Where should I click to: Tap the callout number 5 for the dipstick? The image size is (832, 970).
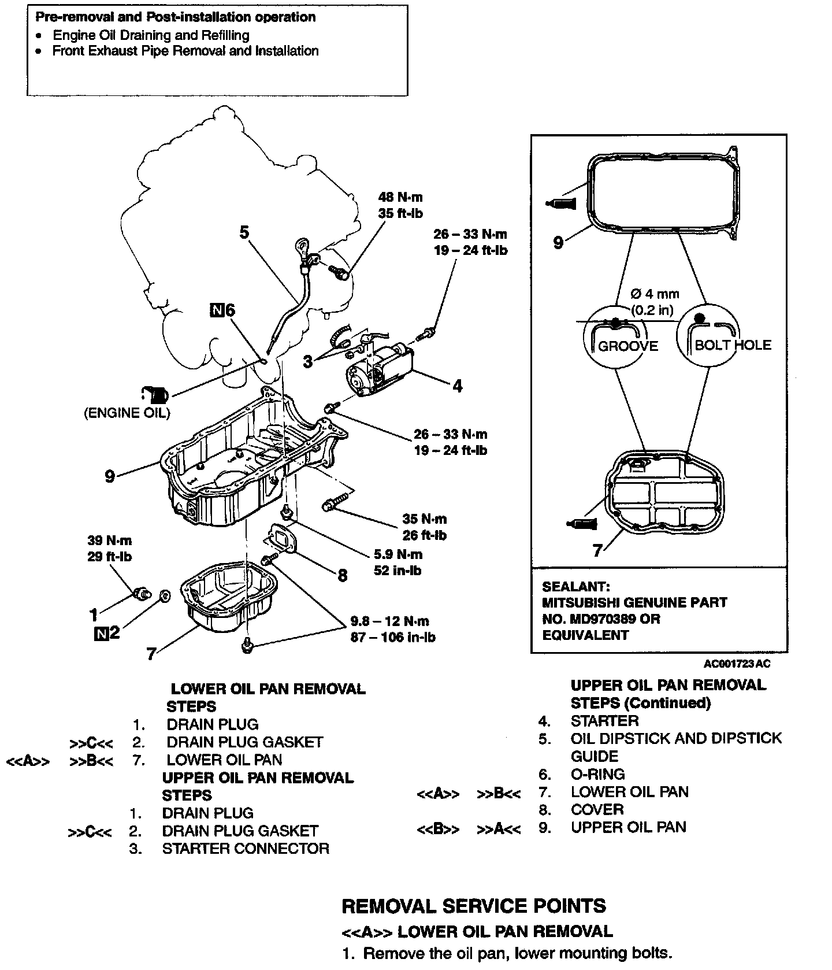pyautogui.click(x=244, y=232)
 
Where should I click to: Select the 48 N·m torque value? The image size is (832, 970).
pyautogui.click(x=400, y=198)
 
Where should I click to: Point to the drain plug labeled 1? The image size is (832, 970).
pyautogui.click(x=141, y=593)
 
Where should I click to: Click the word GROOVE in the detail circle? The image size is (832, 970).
pyautogui.click(x=628, y=346)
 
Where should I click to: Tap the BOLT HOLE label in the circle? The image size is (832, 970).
pyautogui.click(x=733, y=345)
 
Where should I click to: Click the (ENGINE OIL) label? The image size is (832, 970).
pyautogui.click(x=128, y=413)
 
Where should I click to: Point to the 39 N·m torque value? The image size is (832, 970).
pyautogui.click(x=110, y=540)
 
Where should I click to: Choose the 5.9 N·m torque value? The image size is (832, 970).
pyautogui.click(x=398, y=554)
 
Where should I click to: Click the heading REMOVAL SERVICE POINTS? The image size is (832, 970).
pyautogui.click(x=474, y=906)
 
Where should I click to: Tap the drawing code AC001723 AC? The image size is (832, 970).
pyautogui.click(x=737, y=664)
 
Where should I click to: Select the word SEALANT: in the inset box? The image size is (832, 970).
pyautogui.click(x=575, y=586)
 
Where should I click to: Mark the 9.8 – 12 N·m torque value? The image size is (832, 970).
pyautogui.click(x=390, y=621)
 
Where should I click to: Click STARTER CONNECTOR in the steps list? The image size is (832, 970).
pyautogui.click(x=246, y=849)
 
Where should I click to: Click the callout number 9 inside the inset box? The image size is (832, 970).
pyautogui.click(x=558, y=242)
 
